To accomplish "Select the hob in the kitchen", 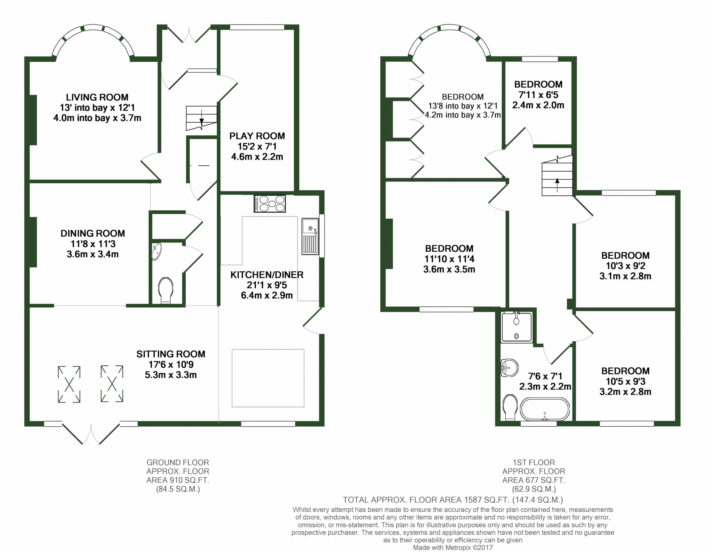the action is pyautogui.click(x=270, y=203).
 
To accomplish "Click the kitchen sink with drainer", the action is pyautogui.click(x=310, y=236).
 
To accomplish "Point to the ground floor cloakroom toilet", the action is pyautogui.click(x=166, y=290).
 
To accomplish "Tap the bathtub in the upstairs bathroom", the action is pyautogui.click(x=545, y=409).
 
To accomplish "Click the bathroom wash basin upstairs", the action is pyautogui.click(x=509, y=368).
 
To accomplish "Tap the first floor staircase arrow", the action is pyautogui.click(x=557, y=185).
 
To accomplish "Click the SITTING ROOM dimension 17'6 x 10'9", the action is pyautogui.click(x=171, y=365).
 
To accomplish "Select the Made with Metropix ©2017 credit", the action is pyautogui.click(x=453, y=548).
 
